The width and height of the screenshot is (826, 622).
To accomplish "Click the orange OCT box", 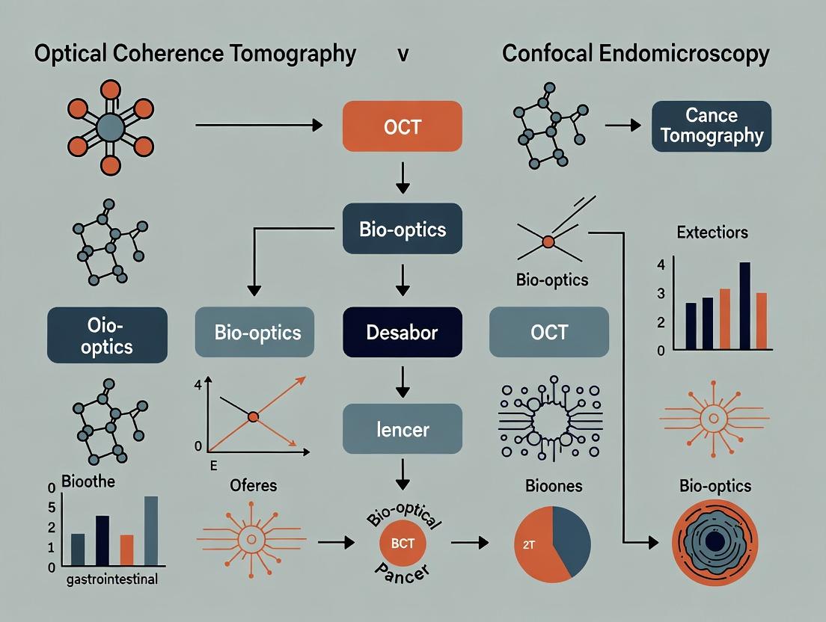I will tap(402, 126).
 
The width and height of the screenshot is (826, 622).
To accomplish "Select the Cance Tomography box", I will tap(711, 126).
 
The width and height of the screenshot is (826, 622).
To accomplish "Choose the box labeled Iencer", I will tap(402, 429).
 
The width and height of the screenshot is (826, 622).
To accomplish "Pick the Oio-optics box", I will tap(108, 336).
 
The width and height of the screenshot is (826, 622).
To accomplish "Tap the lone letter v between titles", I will tap(403, 55).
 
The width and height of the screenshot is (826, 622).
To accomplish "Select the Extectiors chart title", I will tap(712, 233).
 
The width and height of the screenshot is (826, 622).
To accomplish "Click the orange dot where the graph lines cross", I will tap(253, 416).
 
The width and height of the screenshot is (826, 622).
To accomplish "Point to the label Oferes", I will tap(251, 486).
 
